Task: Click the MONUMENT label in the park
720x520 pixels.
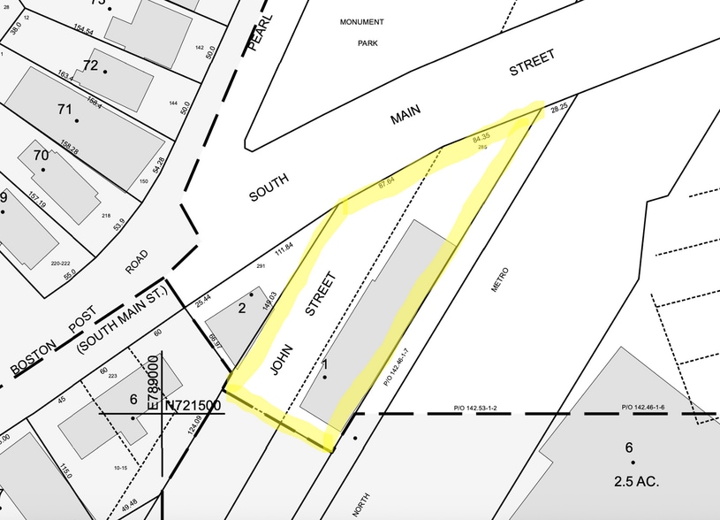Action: coord(361,21)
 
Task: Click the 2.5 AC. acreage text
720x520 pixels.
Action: coord(632,482)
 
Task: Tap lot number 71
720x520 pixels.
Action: coord(64,110)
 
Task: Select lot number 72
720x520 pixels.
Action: coord(90,65)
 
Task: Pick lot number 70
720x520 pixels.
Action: coord(41,156)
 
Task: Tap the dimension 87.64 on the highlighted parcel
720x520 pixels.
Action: coord(386,183)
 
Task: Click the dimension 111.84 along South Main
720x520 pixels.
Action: coord(284,251)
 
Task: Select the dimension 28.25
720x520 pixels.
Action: coord(557,108)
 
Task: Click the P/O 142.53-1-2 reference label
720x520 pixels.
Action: coord(477,409)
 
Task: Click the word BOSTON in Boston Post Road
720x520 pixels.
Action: coord(33,356)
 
